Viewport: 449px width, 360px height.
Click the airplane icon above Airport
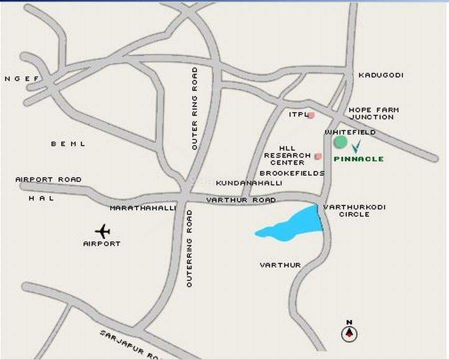click(x=103, y=232)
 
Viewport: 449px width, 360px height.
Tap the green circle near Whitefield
click(x=340, y=142)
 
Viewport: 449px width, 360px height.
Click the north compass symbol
click(x=349, y=333)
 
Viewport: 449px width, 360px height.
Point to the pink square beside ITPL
click(x=311, y=115)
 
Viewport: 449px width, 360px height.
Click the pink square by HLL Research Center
click(x=318, y=156)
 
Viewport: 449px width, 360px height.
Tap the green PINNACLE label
click(x=359, y=159)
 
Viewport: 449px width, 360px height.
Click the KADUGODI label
click(x=381, y=75)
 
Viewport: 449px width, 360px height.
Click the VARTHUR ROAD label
click(x=241, y=200)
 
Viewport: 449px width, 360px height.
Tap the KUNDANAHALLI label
click(x=249, y=183)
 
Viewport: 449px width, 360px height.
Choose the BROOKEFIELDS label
click(x=292, y=173)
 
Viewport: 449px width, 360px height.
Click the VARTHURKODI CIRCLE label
click(x=354, y=210)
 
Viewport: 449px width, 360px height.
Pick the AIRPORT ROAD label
click(x=48, y=179)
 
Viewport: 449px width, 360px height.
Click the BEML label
click(x=68, y=144)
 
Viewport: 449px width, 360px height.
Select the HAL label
click(x=41, y=198)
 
